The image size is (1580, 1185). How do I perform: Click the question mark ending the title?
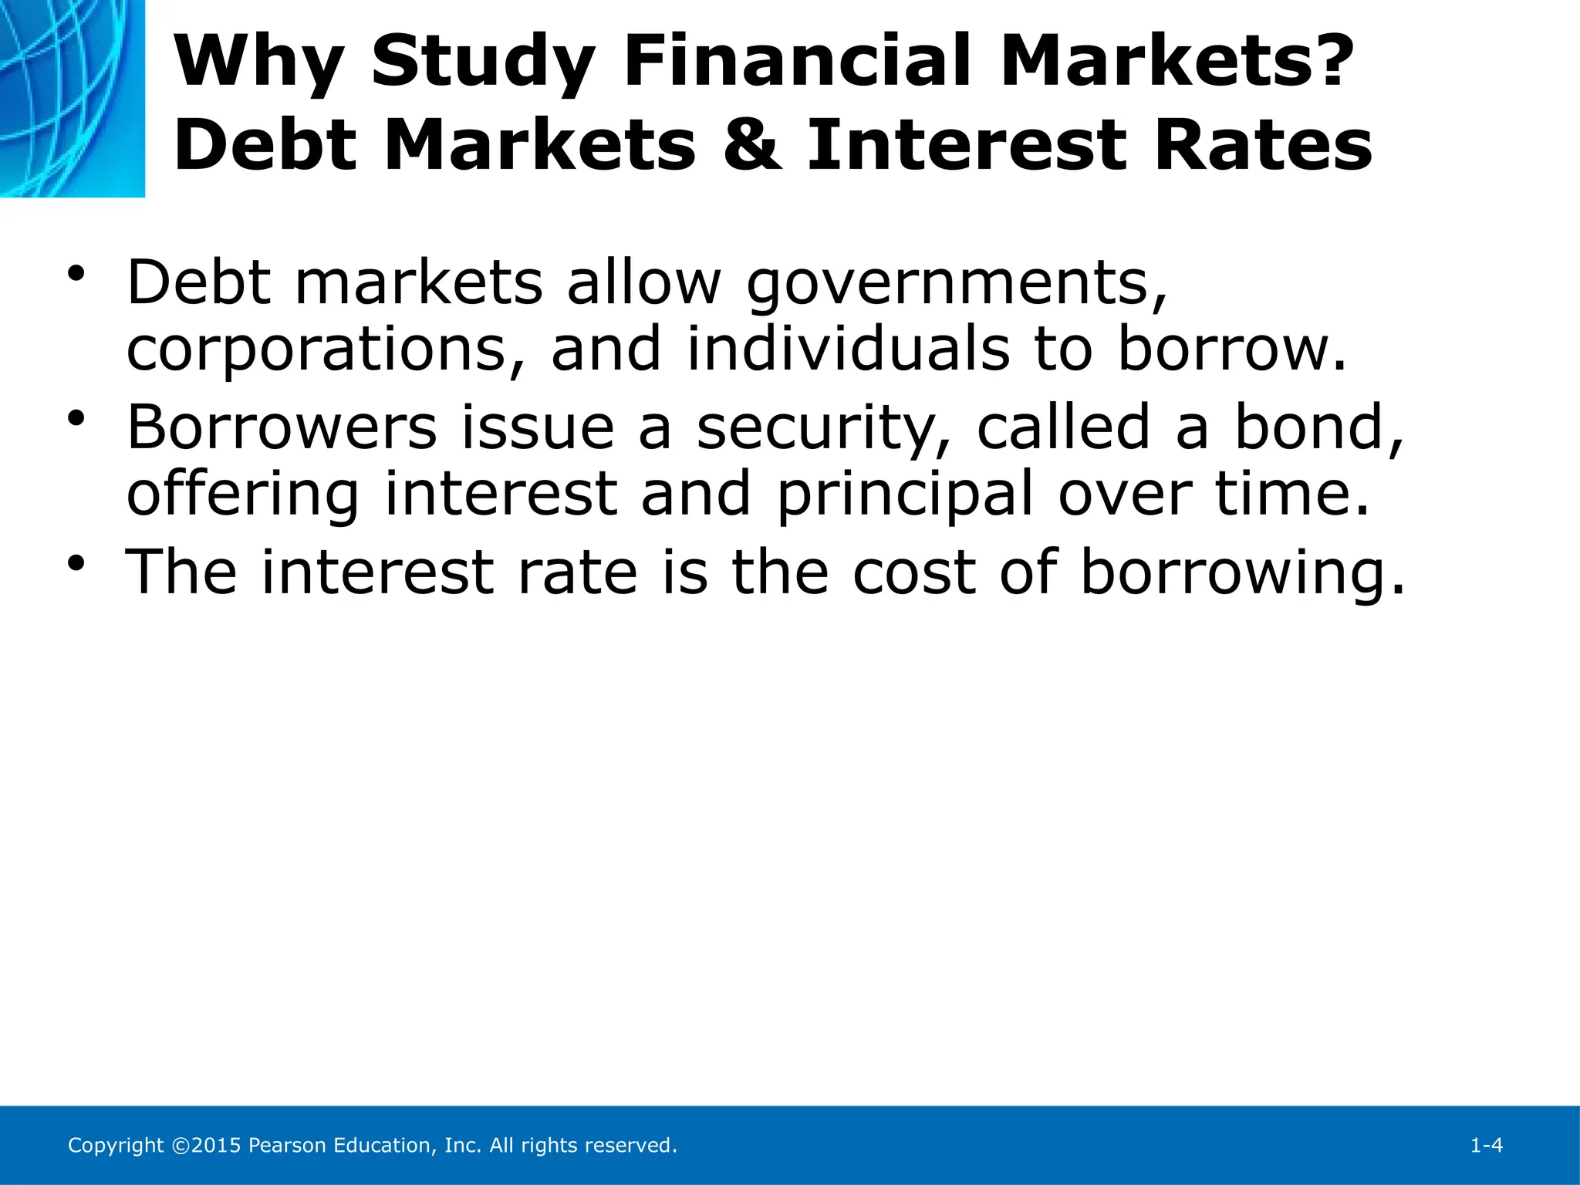tap(1329, 62)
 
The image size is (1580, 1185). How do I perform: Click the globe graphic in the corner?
tap(72, 98)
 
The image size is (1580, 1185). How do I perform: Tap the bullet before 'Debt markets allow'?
tap(76, 274)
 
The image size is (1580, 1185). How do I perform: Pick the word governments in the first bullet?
tap(957, 284)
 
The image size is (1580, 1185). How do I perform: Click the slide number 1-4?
tap(1487, 1146)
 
